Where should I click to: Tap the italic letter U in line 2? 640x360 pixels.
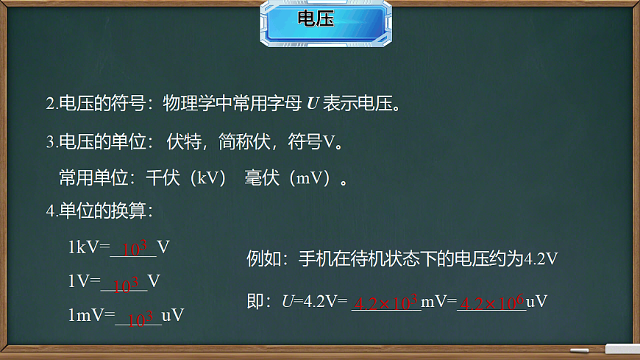point(312,104)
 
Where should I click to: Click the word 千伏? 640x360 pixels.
point(162,179)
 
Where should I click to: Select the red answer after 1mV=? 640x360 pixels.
point(141,318)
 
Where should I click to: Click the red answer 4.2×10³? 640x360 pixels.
point(386,303)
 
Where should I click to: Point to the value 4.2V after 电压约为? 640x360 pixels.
point(541,259)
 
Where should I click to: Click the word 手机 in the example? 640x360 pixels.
point(315,259)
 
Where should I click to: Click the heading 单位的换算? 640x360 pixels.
point(103,211)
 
